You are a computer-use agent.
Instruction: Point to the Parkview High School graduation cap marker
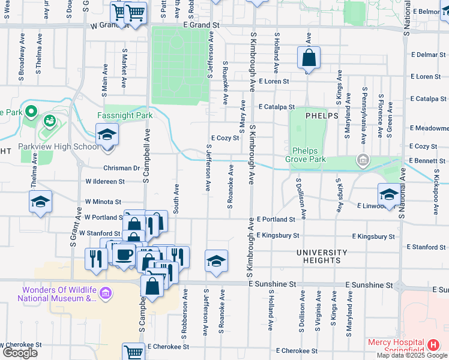point(107,134)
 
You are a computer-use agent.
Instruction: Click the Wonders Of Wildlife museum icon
point(106,293)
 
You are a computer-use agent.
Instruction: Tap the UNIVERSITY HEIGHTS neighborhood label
point(322,256)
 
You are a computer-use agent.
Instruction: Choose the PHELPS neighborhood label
point(321,115)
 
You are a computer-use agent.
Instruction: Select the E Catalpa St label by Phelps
point(277,107)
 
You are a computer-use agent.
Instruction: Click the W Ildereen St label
point(105,181)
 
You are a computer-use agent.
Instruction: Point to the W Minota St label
point(103,202)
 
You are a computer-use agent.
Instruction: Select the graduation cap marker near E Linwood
point(388,195)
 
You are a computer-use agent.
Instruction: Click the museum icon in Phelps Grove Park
point(363,160)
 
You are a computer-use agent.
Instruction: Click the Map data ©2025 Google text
point(412,355)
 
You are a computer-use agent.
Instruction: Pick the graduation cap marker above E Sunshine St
point(216,261)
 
